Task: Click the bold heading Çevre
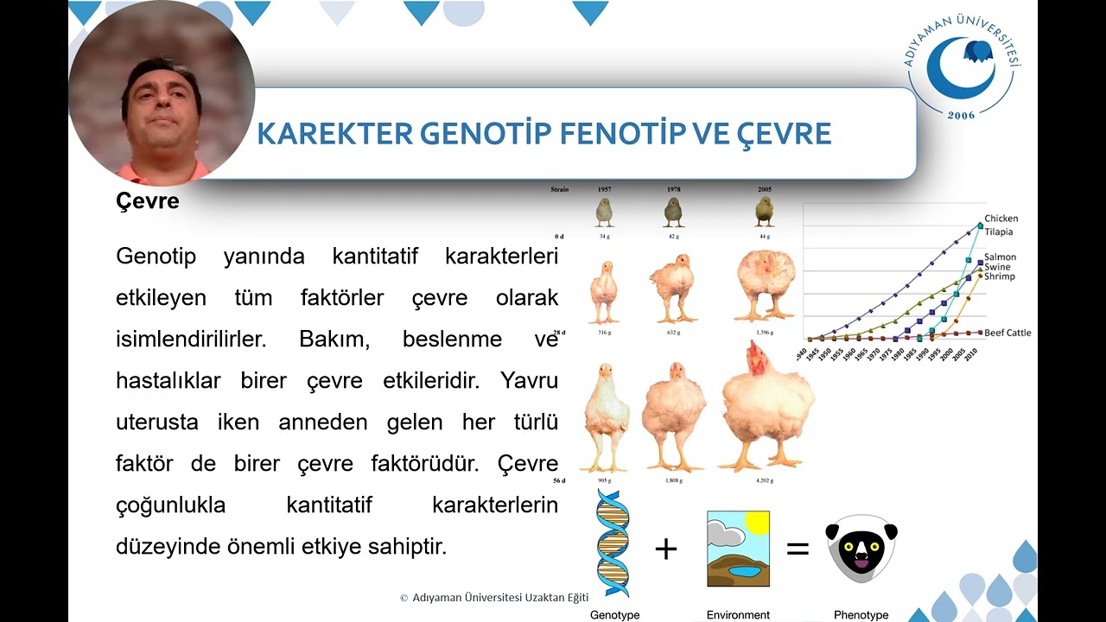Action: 148,201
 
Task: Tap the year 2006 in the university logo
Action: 961,115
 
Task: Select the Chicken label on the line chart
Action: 1001,219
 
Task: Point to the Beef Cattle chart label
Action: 1007,333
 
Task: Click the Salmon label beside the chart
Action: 1000,257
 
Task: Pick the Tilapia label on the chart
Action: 998,232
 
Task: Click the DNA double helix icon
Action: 613,543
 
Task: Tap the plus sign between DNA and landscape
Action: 665,549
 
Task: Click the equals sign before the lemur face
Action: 797,549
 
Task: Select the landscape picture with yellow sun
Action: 738,549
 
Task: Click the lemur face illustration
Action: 861,549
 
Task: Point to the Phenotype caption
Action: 861,615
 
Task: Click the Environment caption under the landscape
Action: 738,615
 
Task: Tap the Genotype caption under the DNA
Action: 614,615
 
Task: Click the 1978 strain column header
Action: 674,189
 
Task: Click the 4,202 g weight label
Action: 764,480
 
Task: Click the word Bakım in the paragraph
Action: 334,339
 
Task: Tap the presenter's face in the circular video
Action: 162,99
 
